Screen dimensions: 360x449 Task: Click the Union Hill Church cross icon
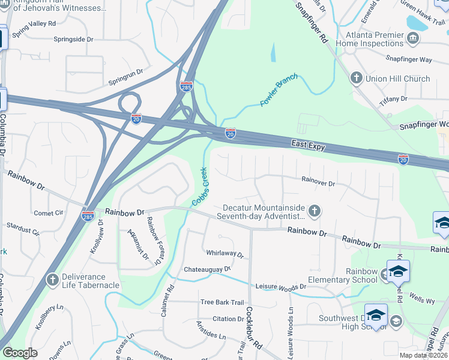pyautogui.click(x=356, y=79)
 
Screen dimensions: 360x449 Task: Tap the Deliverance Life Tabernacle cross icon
pyautogui.click(x=53, y=280)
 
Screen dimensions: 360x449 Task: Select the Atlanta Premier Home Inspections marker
pyautogui.click(x=413, y=39)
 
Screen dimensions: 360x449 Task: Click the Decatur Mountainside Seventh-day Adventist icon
pyautogui.click(x=315, y=211)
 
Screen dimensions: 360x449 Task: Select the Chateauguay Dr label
pyautogui.click(x=207, y=269)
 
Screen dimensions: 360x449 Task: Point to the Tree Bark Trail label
pyautogui.click(x=222, y=302)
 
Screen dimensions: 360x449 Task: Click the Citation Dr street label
pyautogui.click(x=228, y=319)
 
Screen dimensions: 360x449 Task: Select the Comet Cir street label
pyautogui.click(x=49, y=213)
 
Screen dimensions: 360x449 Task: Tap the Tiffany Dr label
pyautogui.click(x=394, y=99)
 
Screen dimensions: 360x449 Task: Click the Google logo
pyautogui.click(x=20, y=353)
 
